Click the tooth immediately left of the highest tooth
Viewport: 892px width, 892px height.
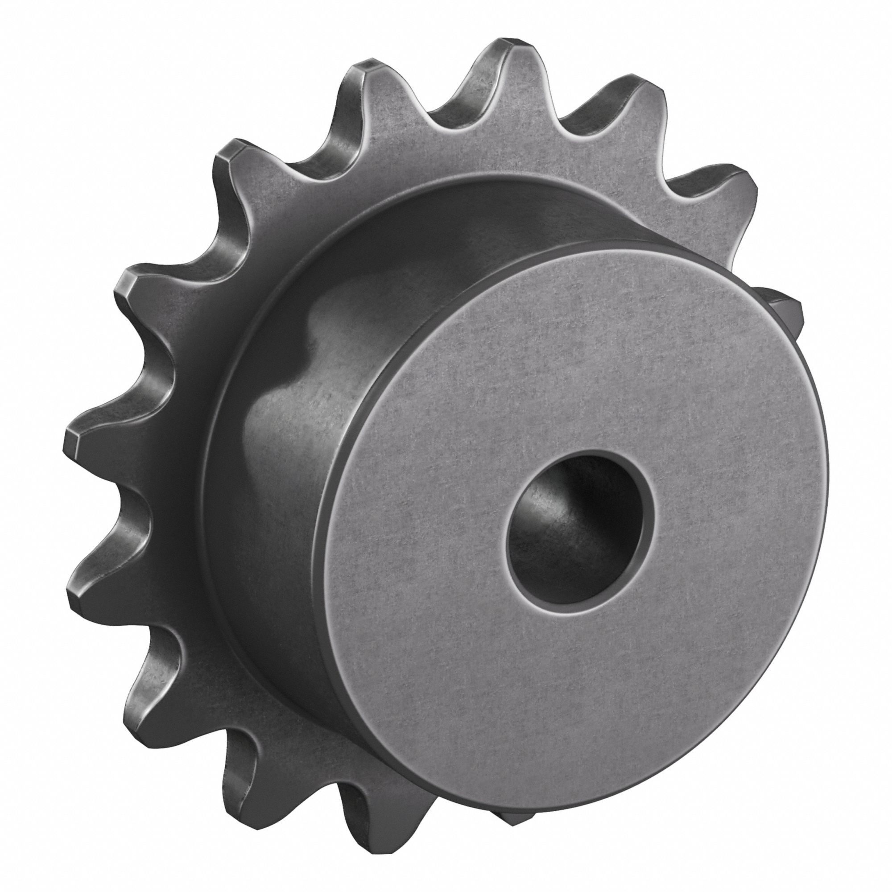tap(369, 83)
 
